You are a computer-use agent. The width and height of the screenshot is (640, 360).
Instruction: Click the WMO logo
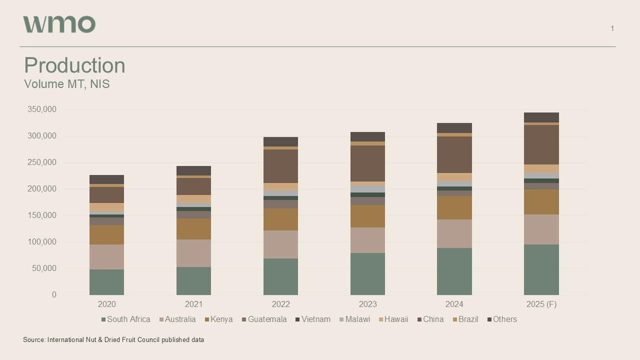coord(59,24)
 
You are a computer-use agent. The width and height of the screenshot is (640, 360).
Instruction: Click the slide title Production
coord(74,65)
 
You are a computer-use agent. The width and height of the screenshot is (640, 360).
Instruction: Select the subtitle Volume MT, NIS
coord(66,84)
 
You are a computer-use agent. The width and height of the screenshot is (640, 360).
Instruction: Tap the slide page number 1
coord(612,28)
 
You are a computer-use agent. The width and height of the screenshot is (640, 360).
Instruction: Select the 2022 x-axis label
coord(280,304)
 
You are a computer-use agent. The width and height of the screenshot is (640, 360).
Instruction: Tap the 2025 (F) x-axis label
coord(541,304)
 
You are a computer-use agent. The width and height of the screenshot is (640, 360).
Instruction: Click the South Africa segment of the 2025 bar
coord(541,269)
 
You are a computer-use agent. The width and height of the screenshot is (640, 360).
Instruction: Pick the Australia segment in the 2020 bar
coord(106,257)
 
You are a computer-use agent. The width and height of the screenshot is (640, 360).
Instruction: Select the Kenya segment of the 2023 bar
coord(367,216)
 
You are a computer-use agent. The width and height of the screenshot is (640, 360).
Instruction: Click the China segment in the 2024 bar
coord(454,154)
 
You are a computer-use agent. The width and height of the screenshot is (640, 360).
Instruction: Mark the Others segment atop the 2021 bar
coord(193,170)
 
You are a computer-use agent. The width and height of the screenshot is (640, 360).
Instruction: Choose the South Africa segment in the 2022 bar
coord(280,276)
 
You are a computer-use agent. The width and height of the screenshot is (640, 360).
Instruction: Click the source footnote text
coord(113,340)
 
